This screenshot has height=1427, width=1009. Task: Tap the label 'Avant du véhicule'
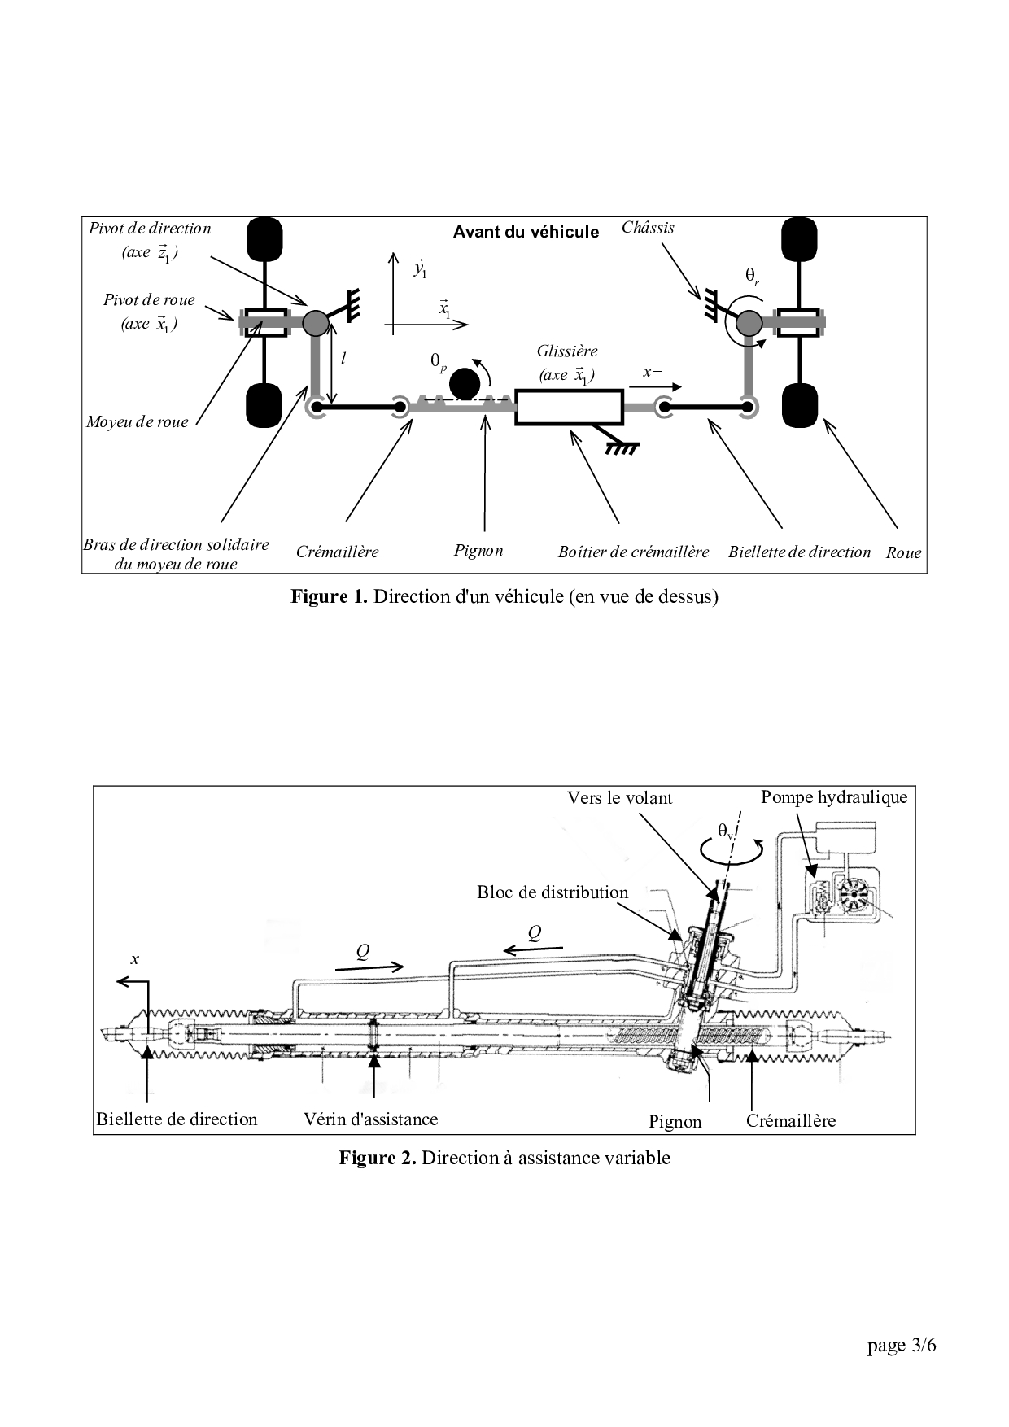526,232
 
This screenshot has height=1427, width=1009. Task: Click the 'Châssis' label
648,228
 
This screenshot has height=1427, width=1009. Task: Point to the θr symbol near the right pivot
752,277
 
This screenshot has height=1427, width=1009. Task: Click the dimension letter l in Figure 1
344,358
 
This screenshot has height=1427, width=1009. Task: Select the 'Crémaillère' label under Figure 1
337,552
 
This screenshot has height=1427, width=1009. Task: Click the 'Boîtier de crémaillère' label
633,552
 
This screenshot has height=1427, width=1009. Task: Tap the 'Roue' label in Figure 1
903,552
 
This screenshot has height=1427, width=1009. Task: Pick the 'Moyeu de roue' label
137,421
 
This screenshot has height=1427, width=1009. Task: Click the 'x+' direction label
652,372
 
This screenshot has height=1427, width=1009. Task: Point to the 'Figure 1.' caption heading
330,596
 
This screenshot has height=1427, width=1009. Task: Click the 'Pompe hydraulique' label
834,797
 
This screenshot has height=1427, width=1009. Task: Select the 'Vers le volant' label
620,798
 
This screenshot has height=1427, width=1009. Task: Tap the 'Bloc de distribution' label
553,892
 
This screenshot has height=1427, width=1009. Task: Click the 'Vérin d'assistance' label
370,1119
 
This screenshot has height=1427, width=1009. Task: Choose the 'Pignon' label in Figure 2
675,1121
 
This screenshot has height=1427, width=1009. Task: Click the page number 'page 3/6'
902,1346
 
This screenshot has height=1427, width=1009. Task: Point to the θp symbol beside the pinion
439,360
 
